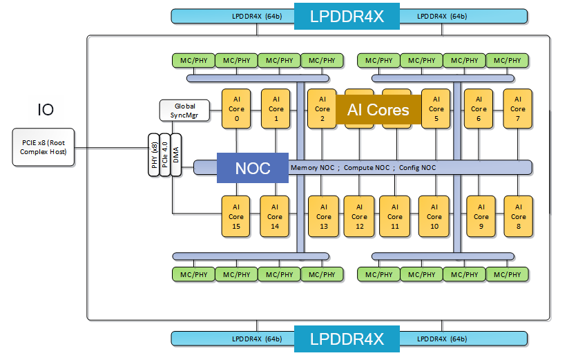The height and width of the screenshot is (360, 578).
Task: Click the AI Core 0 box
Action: [x=236, y=108]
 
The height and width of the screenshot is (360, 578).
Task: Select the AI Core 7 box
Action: [x=518, y=108]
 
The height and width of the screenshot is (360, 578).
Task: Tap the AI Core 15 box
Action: [x=236, y=216]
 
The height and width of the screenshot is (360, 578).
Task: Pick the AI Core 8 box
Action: [x=518, y=216]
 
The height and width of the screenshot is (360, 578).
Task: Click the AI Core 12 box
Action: [x=359, y=216]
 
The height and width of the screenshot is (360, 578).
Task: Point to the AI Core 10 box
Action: [x=434, y=216]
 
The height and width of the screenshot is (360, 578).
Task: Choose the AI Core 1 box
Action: [x=276, y=108]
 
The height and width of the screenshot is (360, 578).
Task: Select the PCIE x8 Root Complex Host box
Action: [x=44, y=146]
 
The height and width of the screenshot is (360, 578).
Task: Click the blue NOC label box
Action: [x=253, y=168]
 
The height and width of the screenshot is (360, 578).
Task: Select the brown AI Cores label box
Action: [x=378, y=109]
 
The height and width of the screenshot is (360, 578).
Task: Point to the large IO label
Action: [x=46, y=109]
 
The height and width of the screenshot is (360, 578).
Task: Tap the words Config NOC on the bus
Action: [x=418, y=168]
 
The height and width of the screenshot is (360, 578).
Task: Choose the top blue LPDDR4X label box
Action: [x=347, y=16]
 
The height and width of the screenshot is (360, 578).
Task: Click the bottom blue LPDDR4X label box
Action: [x=347, y=339]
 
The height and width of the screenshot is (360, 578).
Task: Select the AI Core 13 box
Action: [x=324, y=216]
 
